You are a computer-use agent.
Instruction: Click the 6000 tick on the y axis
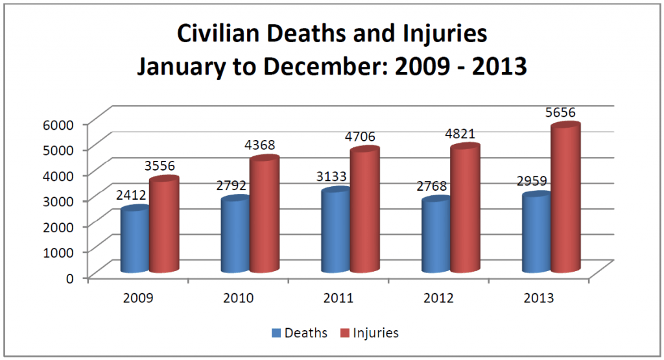tap(61, 123)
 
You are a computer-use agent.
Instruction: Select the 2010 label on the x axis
tap(237, 298)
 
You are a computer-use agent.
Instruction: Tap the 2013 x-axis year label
tap(539, 298)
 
